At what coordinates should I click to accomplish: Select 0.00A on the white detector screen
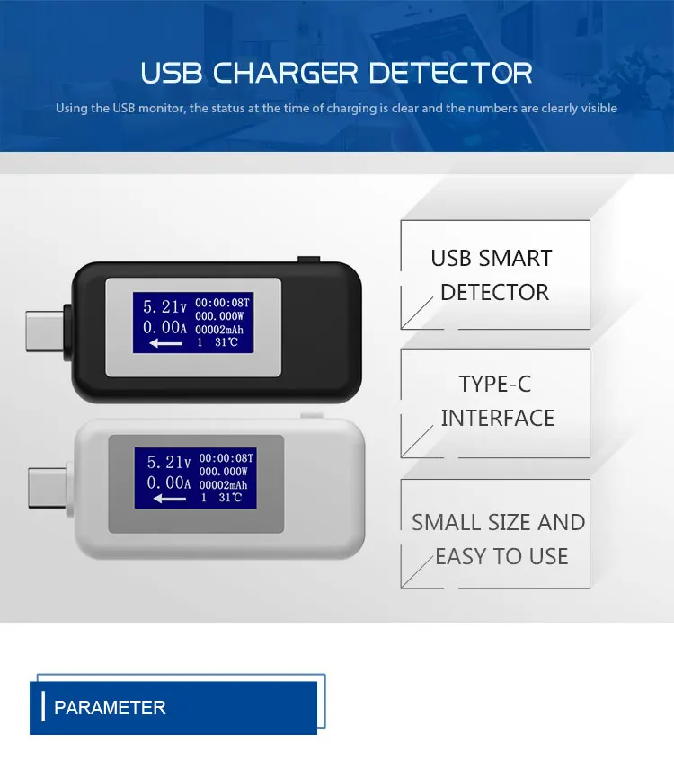pyautogui.click(x=166, y=483)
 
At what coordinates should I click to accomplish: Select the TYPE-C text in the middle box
pyautogui.click(x=495, y=385)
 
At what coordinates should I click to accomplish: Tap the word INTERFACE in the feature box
pyautogui.click(x=497, y=418)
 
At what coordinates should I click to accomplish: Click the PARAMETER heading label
pyautogui.click(x=110, y=708)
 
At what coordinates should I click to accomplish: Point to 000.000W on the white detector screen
pyautogui.click(x=224, y=471)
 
